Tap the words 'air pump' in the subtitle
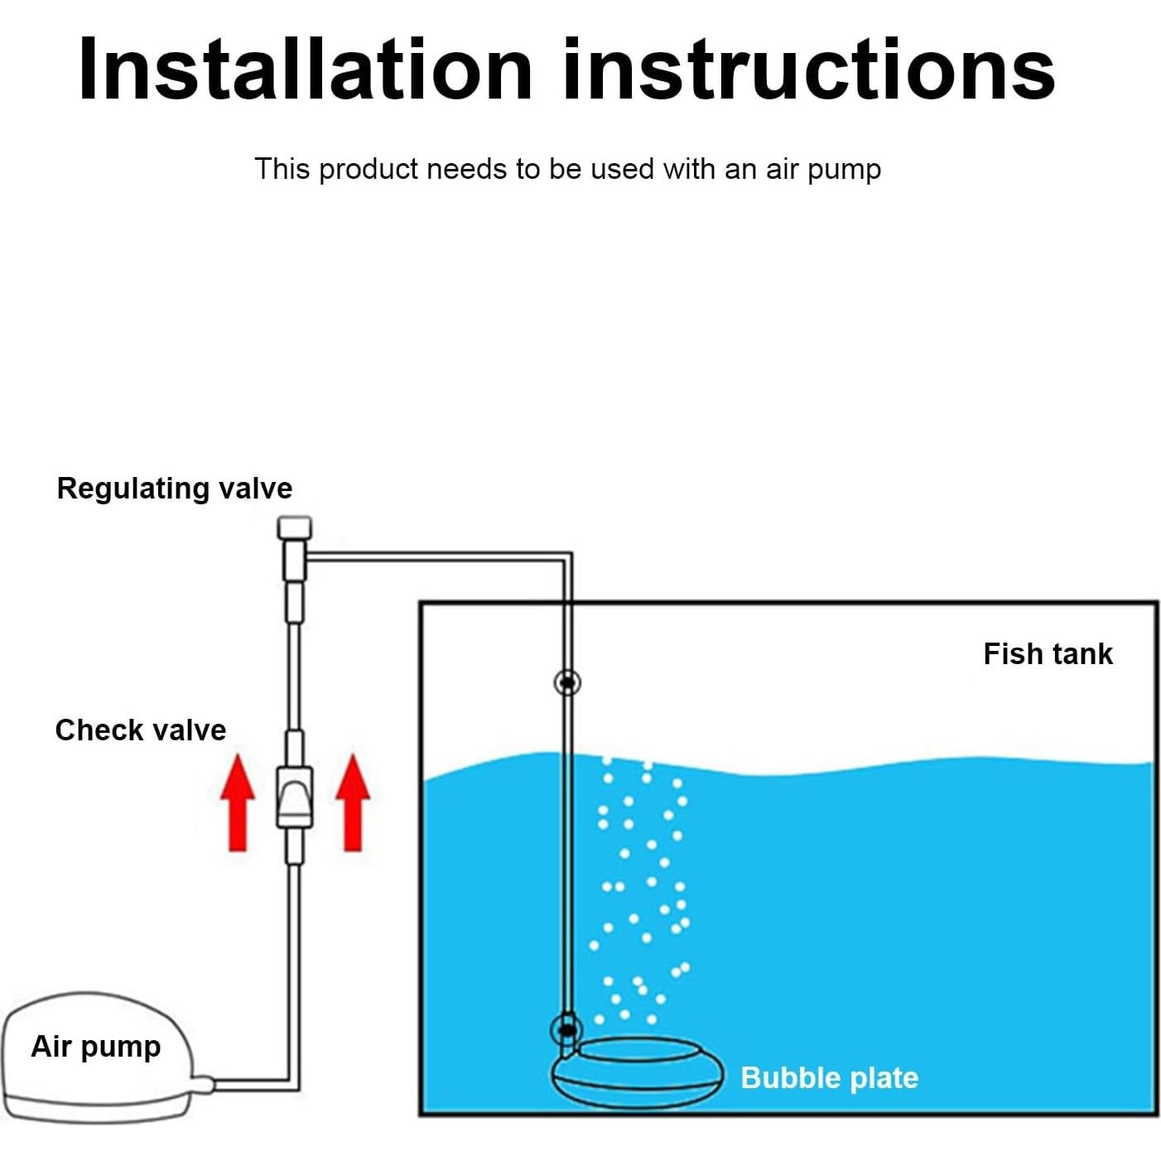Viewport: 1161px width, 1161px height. [823, 170]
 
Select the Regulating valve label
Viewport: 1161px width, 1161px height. [174, 489]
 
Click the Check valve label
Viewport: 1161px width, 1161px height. [141, 730]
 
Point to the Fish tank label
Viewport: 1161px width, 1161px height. [1048, 653]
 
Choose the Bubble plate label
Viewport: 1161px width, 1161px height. [830, 1078]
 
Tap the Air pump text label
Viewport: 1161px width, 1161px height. [96, 1047]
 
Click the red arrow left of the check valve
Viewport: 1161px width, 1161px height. [238, 803]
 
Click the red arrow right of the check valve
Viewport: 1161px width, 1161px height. [353, 803]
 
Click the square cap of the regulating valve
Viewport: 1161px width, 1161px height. [295, 528]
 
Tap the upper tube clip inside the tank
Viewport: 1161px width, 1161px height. [567, 682]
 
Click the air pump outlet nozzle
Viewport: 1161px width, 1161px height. [203, 1085]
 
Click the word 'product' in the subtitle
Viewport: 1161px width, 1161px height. [369, 170]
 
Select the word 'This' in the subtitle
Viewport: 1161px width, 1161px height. [282, 169]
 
